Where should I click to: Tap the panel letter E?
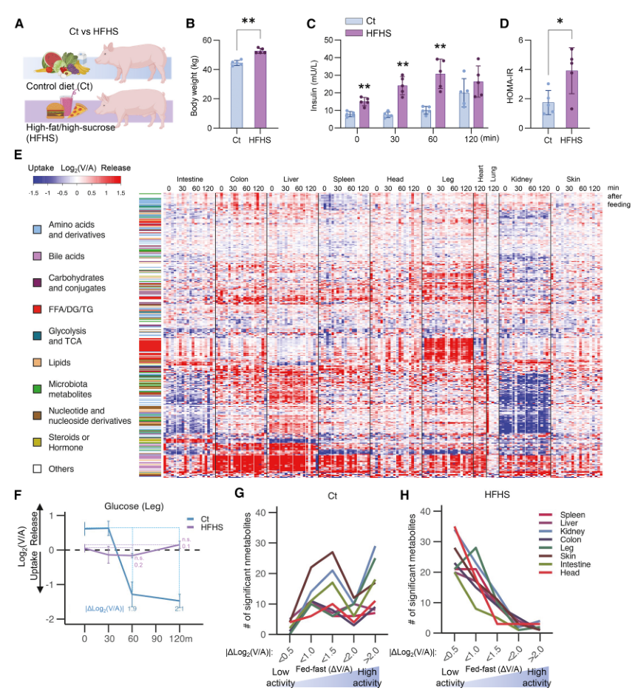tap(18, 154)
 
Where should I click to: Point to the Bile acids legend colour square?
tap(36, 256)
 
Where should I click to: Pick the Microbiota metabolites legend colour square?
tap(36, 389)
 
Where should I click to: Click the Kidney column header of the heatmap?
tap(524, 178)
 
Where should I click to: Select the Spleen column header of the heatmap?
tap(344, 178)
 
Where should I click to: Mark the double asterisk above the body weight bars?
tap(249, 24)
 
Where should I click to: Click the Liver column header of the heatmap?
tap(291, 178)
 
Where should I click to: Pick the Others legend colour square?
tap(36, 468)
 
